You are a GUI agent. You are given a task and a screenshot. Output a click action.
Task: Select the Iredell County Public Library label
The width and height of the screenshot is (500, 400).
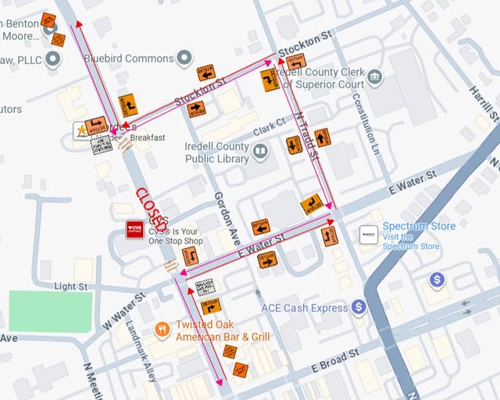click(x=216, y=152)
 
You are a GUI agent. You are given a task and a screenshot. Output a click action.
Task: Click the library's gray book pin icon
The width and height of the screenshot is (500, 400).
click(x=259, y=150)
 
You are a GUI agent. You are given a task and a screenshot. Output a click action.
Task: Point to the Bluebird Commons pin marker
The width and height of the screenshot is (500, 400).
click(x=184, y=58)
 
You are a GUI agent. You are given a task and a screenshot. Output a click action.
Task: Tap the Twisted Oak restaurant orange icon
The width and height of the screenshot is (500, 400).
click(x=162, y=329)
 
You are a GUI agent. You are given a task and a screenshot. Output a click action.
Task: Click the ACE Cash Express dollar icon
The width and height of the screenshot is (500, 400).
click(x=359, y=307)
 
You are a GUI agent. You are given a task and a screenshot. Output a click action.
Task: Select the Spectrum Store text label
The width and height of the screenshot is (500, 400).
click(x=418, y=227)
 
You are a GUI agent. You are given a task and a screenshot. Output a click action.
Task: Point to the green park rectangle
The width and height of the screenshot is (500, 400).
click(x=50, y=311)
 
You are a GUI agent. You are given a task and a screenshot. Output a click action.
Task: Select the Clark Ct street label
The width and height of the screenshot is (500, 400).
click(x=269, y=125)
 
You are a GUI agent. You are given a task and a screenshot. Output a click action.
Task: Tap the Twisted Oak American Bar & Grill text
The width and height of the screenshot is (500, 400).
click(x=223, y=330)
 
